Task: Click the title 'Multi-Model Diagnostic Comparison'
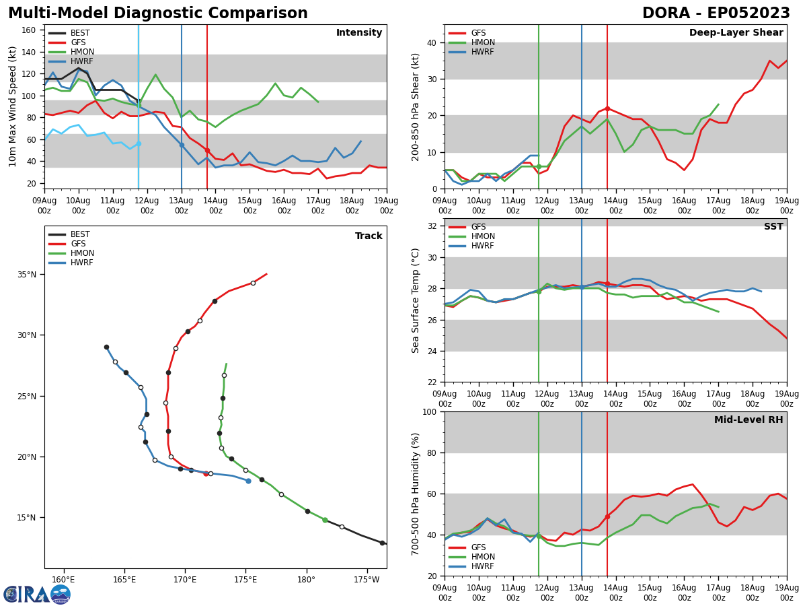[158, 13]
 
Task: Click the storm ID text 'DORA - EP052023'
[716, 13]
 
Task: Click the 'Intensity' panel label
[359, 33]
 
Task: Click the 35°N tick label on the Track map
[28, 275]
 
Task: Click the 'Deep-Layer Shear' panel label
[736, 33]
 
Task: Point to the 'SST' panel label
[773, 227]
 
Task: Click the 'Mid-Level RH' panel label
[748, 420]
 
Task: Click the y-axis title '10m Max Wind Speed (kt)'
[13, 106]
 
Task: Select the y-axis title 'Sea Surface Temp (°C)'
[416, 300]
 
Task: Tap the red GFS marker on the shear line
[607, 108]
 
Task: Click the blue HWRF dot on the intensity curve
[182, 145]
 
